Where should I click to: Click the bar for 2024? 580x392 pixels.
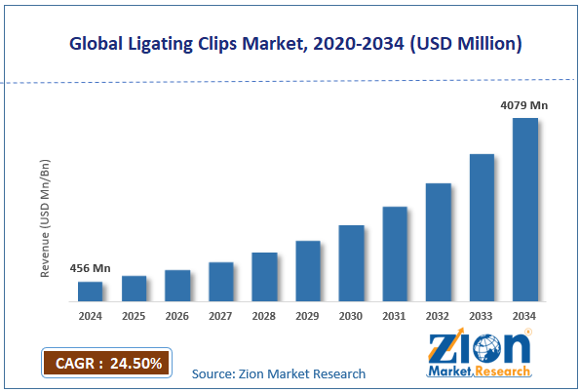90,291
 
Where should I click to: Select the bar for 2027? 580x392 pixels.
221,281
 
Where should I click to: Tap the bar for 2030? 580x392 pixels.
351,262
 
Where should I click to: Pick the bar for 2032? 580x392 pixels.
439,241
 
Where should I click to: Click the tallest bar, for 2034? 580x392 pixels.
525,209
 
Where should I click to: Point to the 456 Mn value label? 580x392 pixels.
90,268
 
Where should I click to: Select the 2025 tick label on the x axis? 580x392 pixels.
134,316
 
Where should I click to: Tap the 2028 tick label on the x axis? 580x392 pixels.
264,316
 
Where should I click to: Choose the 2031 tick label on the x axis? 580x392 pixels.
395,316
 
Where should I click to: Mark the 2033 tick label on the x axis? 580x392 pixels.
483,316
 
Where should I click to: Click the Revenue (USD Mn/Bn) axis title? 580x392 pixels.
45,218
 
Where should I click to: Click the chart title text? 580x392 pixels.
290,43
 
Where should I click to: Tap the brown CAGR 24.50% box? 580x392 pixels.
106,364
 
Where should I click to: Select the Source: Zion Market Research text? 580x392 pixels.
279,373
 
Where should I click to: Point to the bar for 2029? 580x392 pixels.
308,270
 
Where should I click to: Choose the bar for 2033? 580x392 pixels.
483,226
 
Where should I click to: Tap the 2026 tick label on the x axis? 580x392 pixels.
177,316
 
